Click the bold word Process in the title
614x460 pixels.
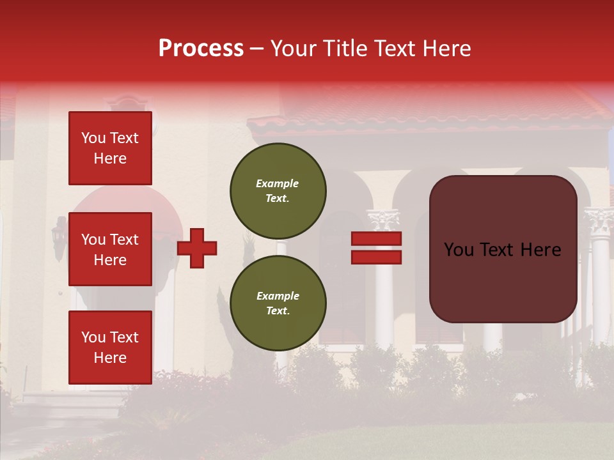point(201,49)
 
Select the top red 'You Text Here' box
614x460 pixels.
point(110,148)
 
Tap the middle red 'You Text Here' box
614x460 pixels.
point(110,249)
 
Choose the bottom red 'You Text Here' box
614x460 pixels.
point(110,347)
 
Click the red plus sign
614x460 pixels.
point(197,248)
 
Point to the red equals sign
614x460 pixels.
point(376,248)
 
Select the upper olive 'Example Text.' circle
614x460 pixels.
point(278,190)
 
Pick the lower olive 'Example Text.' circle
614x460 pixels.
point(278,303)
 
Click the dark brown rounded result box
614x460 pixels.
point(503,249)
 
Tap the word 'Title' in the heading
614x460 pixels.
point(344,49)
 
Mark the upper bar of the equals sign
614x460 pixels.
point(376,239)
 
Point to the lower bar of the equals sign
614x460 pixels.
point(376,257)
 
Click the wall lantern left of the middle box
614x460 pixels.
point(59,236)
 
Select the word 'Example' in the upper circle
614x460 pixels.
point(277,183)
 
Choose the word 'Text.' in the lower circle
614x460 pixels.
point(278,310)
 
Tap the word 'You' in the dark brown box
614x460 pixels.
point(459,250)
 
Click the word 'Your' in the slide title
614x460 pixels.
point(295,49)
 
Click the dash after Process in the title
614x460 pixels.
point(256,49)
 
